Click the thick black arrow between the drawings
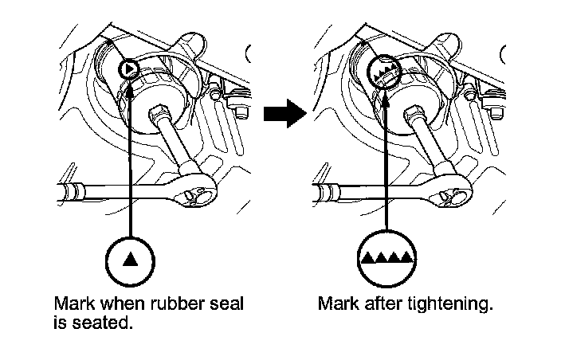(284, 113)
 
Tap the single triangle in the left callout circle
(129, 259)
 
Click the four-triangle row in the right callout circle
(386, 257)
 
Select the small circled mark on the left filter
(128, 69)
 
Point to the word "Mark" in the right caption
(335, 304)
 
